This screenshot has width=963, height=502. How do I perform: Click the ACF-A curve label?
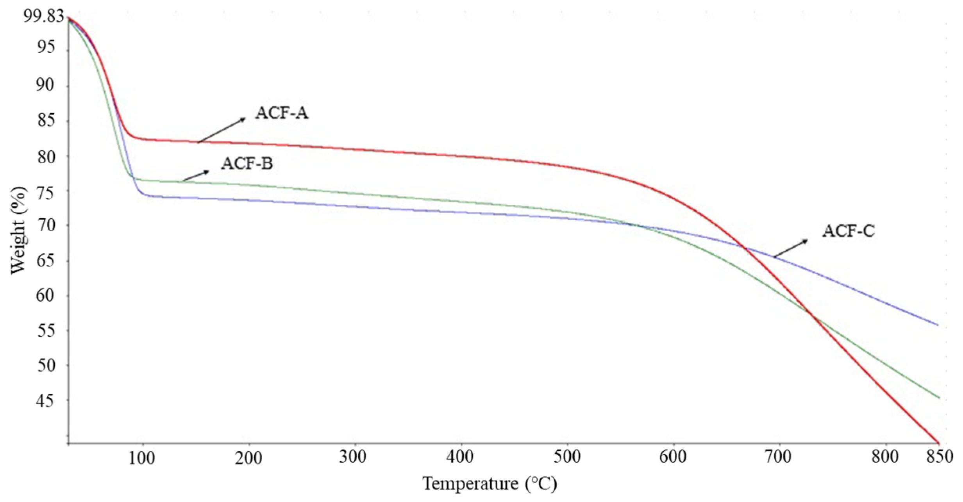(x=282, y=113)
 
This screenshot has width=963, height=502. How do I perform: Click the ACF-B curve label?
(x=247, y=163)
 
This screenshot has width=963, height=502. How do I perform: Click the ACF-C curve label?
(x=848, y=231)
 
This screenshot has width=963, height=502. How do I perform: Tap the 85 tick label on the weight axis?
(x=46, y=121)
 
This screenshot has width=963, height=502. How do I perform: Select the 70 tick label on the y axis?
(x=46, y=225)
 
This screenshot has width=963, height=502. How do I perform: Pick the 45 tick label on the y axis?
(x=46, y=400)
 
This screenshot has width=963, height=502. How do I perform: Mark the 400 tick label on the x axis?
(x=461, y=457)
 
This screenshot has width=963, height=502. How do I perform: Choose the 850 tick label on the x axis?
(x=939, y=457)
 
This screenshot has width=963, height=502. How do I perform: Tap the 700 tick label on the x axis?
(x=779, y=457)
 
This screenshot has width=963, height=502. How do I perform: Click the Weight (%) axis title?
(x=18, y=230)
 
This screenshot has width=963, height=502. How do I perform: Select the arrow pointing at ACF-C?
(x=790, y=248)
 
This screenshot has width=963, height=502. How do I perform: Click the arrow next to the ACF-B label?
(x=196, y=175)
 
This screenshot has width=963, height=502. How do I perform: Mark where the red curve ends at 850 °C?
(x=938, y=442)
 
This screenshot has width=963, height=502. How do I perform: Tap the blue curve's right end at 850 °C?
(x=937, y=325)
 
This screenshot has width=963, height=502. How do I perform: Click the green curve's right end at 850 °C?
(x=938, y=398)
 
